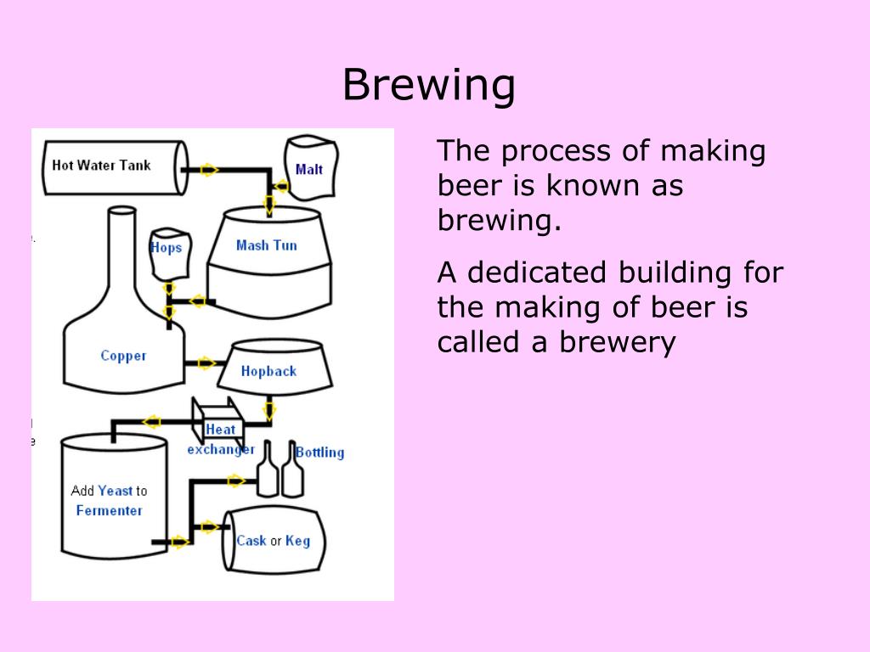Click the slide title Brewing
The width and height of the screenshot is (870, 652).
pyautogui.click(x=429, y=85)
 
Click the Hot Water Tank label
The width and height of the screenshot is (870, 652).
pyautogui.click(x=101, y=165)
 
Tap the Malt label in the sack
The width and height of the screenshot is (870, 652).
pyautogui.click(x=308, y=169)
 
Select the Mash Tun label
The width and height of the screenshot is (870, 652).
pyautogui.click(x=266, y=245)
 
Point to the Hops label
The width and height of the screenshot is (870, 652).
pyautogui.click(x=166, y=248)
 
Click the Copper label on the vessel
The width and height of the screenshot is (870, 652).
pyautogui.click(x=123, y=356)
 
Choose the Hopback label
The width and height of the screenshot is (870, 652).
pyautogui.click(x=268, y=371)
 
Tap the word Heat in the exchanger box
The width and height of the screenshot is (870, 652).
pyautogui.click(x=220, y=430)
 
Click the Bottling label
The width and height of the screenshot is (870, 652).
pyautogui.click(x=319, y=452)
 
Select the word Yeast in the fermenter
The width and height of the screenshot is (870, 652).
pyautogui.click(x=115, y=490)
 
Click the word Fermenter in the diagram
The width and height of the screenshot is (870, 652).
pyautogui.click(x=109, y=510)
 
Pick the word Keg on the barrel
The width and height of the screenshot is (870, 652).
pyautogui.click(x=297, y=541)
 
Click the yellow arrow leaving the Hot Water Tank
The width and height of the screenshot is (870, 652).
pyautogui.click(x=209, y=170)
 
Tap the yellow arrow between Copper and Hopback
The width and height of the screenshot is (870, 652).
pyautogui.click(x=206, y=363)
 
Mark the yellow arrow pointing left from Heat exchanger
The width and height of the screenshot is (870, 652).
pyautogui.click(x=152, y=421)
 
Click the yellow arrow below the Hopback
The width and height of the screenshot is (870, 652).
pyautogui.click(x=269, y=411)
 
